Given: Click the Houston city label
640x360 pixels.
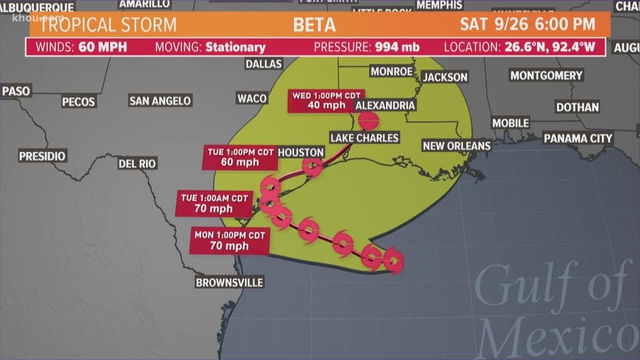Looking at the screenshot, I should click(300, 152).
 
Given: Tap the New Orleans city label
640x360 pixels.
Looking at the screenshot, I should click(456, 145).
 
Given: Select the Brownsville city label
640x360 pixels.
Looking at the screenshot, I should click(229, 282).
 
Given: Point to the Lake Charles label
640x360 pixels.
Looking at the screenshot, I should click(364, 137).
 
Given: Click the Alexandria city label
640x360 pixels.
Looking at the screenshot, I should click(384, 105).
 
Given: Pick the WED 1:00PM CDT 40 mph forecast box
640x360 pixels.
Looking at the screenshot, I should click(326, 100).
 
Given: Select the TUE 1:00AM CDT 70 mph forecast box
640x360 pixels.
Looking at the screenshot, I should click(214, 203).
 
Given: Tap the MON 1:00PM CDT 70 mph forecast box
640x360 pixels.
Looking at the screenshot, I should click(230, 240).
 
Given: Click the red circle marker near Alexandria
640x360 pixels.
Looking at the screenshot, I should click(368, 120).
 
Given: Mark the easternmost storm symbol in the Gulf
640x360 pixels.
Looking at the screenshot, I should click(393, 260).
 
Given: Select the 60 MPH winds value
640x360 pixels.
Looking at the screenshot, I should click(102, 47).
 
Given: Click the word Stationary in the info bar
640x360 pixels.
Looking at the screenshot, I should click(235, 47).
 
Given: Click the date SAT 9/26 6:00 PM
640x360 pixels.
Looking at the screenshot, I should click(527, 24).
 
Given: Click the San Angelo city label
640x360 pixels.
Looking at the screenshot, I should click(160, 100).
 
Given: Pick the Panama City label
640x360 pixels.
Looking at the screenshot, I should click(577, 138).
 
